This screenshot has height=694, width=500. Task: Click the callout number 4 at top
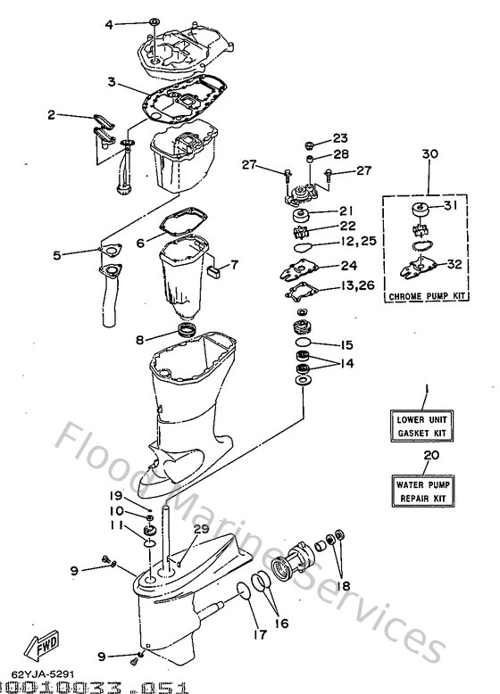coord(110,24)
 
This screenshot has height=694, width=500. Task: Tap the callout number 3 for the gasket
coord(111,82)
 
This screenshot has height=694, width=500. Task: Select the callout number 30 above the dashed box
coord(429,154)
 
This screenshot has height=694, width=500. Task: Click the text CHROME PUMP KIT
coord(429,295)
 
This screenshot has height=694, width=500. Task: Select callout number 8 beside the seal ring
coord(140,338)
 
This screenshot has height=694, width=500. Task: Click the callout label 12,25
coord(357,242)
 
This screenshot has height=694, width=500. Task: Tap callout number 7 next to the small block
coord(234,264)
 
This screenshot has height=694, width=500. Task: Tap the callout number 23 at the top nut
coord(340,138)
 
